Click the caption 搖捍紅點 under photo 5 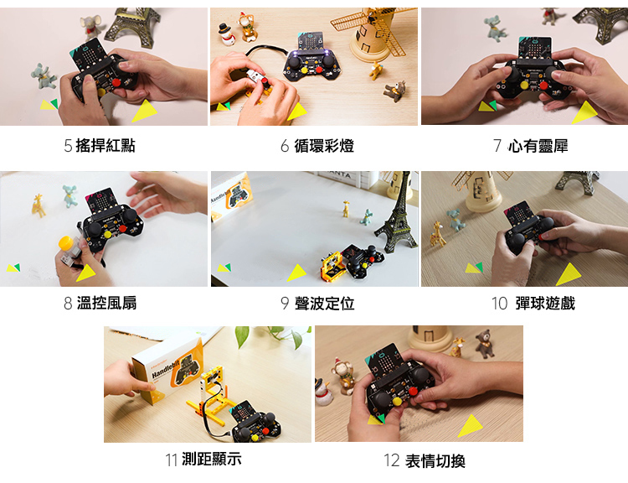106,146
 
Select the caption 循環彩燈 324,146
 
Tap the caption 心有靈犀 538,146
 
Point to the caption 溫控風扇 106,303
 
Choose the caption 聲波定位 324,304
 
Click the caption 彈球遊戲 545,304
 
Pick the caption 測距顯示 212,459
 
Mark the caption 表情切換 435,461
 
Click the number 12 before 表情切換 392,461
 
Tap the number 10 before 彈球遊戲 499,304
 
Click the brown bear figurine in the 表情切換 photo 485,344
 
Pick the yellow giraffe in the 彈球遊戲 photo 438,235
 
